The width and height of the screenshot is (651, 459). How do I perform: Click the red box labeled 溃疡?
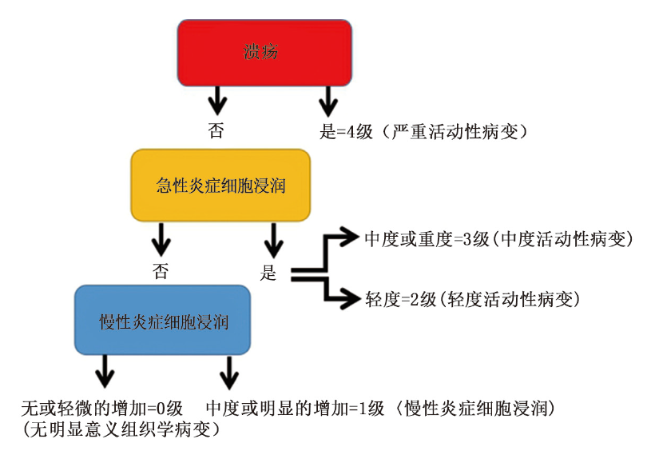[x=264, y=53]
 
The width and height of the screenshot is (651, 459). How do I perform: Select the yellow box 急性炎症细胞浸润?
[x=220, y=186]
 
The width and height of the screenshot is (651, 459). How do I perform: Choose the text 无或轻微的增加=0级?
[x=103, y=409]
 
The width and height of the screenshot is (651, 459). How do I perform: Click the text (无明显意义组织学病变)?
[x=121, y=429]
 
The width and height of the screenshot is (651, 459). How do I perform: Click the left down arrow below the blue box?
[x=105, y=373]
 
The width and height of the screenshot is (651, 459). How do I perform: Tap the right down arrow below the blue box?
[x=229, y=373]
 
